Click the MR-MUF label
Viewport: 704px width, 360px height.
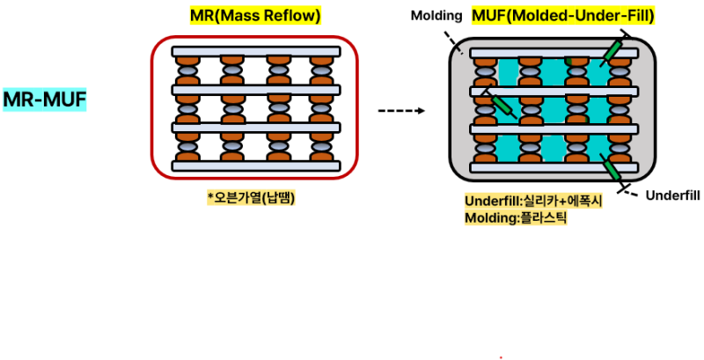(45, 99)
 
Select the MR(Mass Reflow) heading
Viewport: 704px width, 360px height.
(255, 16)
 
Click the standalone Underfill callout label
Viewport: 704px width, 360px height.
(672, 195)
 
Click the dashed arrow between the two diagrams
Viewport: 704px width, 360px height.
(401, 111)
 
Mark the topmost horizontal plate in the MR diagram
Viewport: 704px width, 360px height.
(256, 52)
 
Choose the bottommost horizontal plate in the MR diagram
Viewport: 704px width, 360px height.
(256, 165)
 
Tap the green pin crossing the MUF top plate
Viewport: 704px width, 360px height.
(613, 51)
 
